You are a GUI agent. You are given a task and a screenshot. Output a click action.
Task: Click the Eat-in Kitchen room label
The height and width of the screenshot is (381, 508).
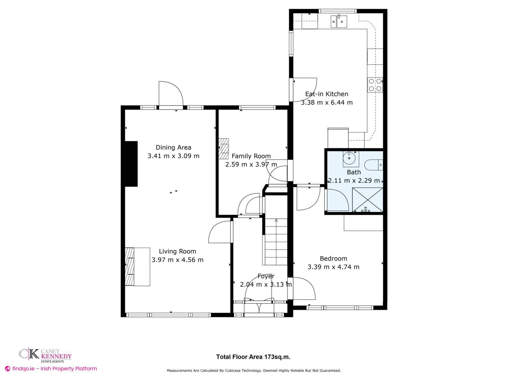coord(326,94)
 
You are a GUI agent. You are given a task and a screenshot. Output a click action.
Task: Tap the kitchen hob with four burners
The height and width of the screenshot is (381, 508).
coord(375,85)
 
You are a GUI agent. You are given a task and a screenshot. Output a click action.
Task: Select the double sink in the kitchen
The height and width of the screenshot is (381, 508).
coord(339,21)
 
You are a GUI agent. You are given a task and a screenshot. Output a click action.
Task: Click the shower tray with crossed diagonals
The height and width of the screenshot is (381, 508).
coord(368,200)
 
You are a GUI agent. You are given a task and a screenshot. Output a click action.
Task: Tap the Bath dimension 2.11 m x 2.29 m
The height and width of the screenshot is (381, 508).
coord(354,180)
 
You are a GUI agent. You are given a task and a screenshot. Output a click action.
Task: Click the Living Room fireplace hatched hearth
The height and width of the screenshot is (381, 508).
coord(129,266)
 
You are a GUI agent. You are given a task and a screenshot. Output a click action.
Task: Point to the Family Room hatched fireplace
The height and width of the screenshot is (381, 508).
coord(223,149)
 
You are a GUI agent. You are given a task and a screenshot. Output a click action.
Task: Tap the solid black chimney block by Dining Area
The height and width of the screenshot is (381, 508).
coord(131,164)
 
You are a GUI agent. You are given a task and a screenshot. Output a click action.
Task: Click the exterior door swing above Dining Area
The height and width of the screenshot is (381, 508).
coord(171,94)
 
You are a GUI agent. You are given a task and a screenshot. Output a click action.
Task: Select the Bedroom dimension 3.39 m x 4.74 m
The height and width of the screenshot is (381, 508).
coord(333,267)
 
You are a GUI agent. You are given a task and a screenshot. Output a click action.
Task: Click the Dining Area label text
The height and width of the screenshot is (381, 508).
coord(173,147)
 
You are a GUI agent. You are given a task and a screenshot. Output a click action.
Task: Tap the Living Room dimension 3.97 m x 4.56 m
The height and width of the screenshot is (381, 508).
coord(177,260)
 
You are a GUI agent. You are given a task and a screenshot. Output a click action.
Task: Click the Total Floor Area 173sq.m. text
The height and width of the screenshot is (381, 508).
coord(253,357)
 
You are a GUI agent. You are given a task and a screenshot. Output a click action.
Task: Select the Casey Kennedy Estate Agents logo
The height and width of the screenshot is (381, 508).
coord(45,356)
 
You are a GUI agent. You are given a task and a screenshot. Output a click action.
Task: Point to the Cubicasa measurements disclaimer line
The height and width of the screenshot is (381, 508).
coord(254,370)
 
